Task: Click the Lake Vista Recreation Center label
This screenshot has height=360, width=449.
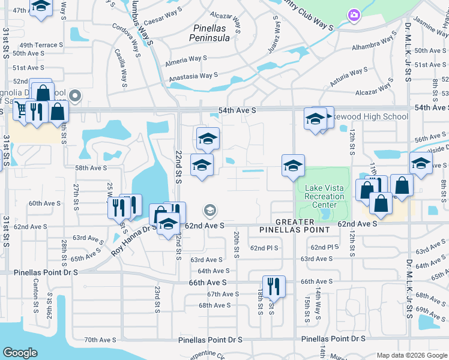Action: click(324, 196)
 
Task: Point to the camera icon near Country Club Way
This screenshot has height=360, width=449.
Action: click(354, 14)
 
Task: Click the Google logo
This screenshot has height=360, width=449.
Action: click(20, 353)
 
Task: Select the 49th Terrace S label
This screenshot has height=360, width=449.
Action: click(41, 45)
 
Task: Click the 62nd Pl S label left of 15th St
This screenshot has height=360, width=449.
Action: click(265, 248)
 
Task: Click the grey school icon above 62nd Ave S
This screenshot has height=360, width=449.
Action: click(209, 209)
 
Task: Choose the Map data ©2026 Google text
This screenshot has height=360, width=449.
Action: click(411, 355)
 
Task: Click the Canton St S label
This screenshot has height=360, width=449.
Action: click(36, 296)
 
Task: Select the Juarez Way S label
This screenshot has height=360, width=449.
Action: click(274, 35)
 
